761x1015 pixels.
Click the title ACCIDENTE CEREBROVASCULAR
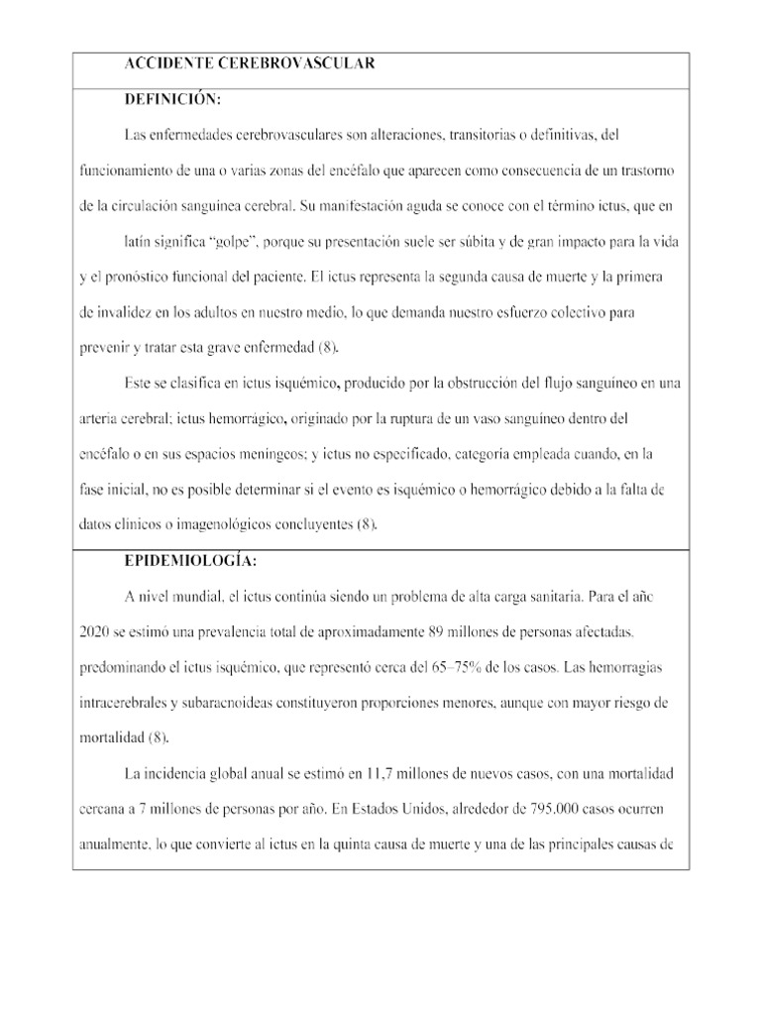coord(250,64)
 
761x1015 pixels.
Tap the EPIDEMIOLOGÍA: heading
coord(190,561)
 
